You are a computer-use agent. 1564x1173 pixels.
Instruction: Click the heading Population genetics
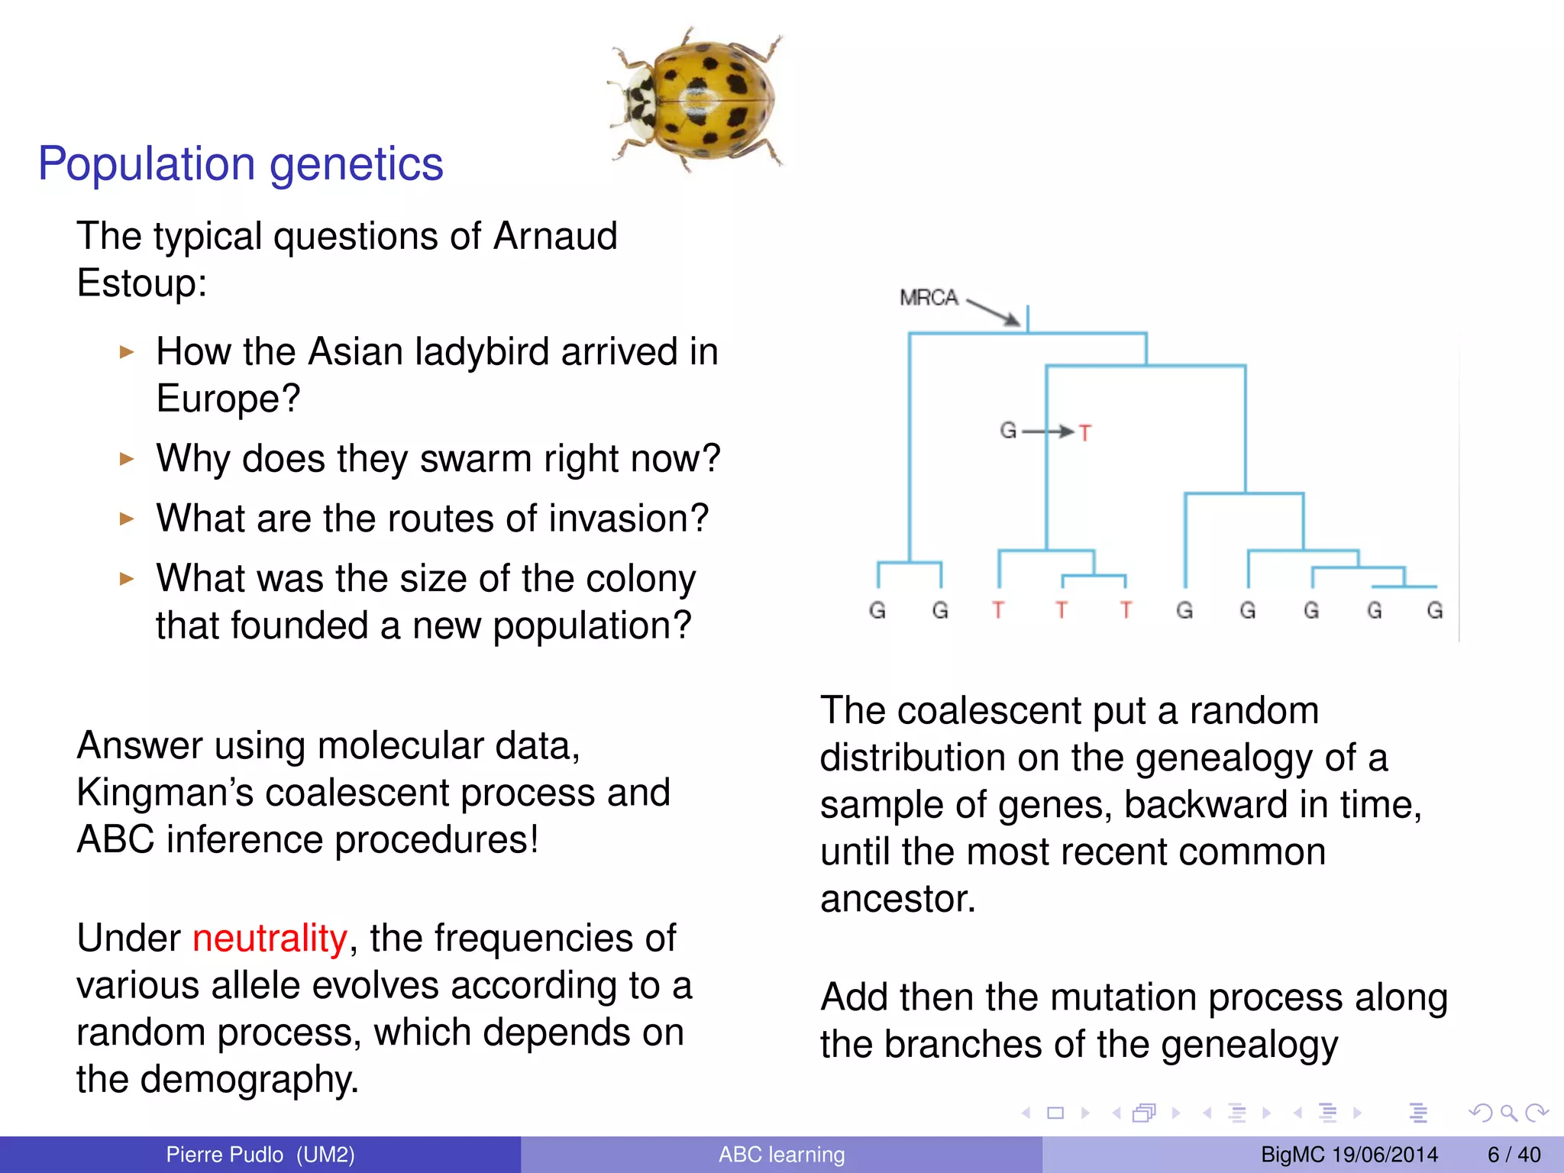point(241,163)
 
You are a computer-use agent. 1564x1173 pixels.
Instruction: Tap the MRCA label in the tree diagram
point(928,297)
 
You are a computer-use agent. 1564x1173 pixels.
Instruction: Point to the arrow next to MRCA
point(994,311)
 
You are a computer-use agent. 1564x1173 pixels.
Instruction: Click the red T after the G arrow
point(1085,433)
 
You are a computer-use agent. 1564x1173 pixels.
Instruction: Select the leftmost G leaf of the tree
point(877,610)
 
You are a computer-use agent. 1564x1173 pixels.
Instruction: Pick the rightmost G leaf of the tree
point(1435,610)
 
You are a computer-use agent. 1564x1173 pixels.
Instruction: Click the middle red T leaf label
point(1062,610)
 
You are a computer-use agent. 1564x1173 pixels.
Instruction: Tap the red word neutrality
point(270,938)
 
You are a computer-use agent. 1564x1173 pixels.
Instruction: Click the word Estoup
point(141,283)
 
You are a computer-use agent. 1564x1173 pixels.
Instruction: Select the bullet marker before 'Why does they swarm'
point(127,459)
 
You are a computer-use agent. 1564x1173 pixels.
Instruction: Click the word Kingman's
point(164,793)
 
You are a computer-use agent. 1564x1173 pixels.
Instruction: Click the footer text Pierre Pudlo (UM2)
point(260,1155)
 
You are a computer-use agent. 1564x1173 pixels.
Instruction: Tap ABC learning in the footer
point(781,1155)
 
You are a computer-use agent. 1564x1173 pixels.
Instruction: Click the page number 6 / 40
point(1514,1155)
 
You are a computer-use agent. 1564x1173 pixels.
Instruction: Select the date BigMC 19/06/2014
point(1349,1155)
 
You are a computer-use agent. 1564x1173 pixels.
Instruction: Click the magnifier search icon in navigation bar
point(1508,1113)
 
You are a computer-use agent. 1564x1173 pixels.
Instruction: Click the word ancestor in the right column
point(897,899)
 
